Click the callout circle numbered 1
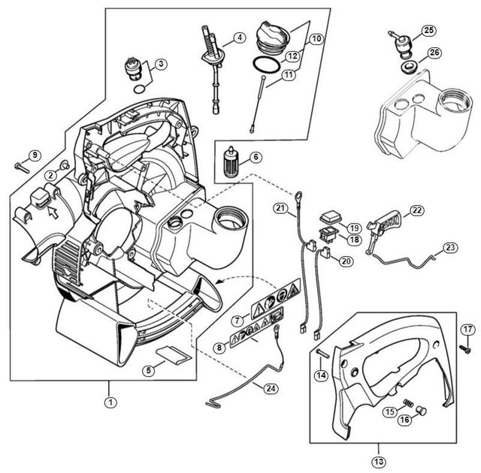click(111, 402)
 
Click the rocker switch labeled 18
click(328, 236)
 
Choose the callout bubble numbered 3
click(162, 65)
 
